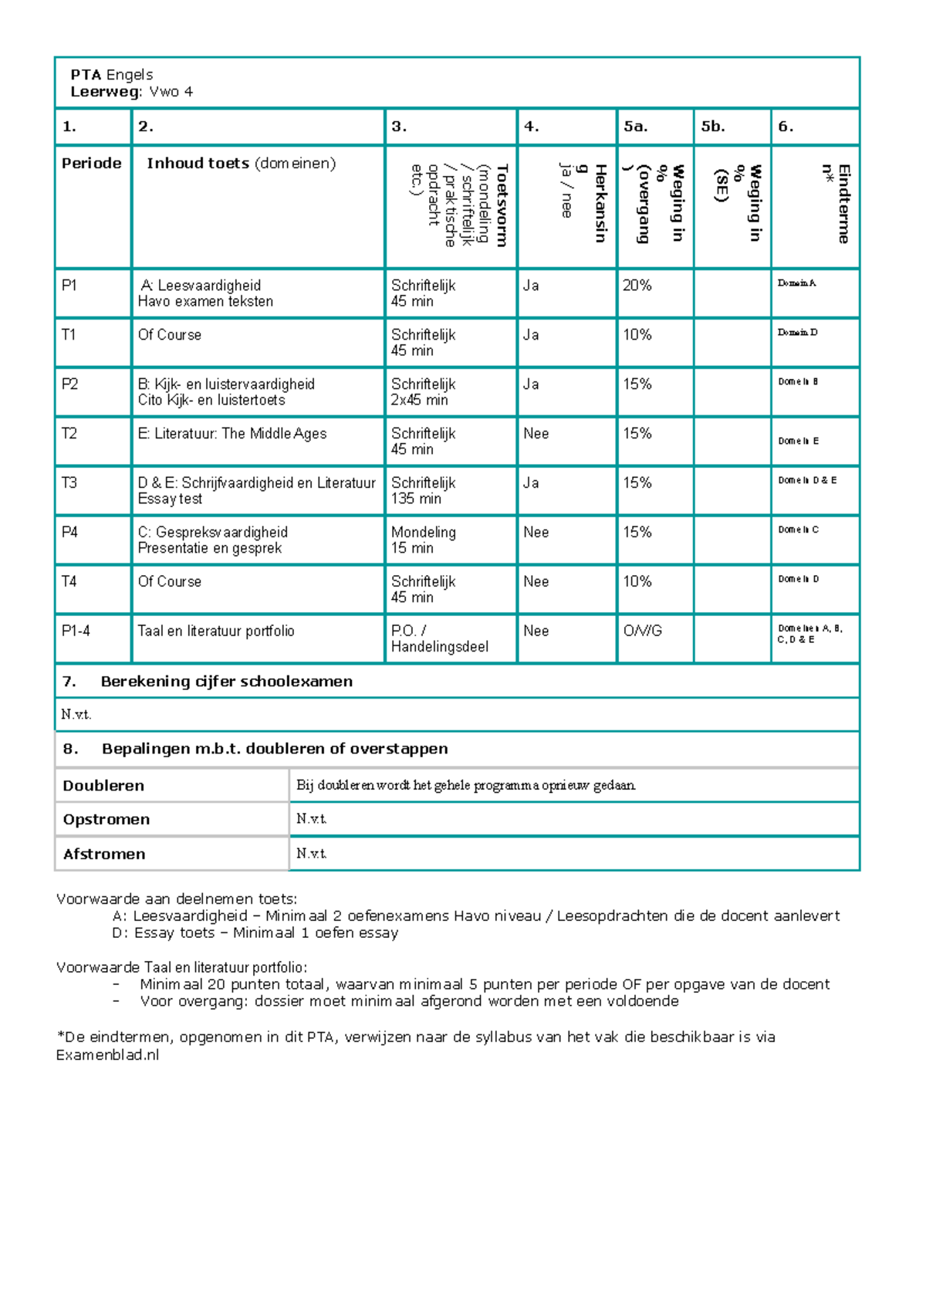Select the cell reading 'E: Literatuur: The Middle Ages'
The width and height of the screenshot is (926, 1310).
click(232, 434)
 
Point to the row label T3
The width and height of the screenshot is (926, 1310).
click(69, 483)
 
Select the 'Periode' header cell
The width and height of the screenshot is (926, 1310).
click(92, 164)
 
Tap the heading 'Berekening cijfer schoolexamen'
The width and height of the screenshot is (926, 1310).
click(226, 682)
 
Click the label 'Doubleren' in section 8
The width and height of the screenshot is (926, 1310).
click(103, 786)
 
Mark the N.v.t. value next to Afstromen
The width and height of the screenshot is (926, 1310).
click(312, 854)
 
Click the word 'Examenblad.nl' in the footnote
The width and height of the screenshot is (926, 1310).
click(107, 1055)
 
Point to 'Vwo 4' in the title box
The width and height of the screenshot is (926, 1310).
click(171, 92)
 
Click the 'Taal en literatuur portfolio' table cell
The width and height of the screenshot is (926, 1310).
click(216, 631)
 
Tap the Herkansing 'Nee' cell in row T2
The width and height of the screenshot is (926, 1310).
click(536, 434)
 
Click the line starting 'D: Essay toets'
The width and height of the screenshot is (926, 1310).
click(255, 933)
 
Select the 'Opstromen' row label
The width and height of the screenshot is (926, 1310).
click(106, 820)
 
